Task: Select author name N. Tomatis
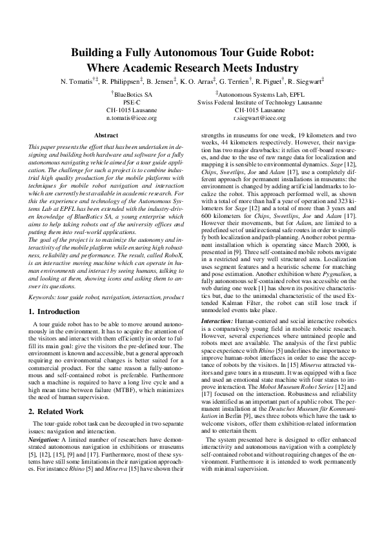[x=77, y=82]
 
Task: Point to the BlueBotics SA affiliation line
[x=132, y=95]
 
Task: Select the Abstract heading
[x=106, y=135]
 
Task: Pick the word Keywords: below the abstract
[x=43, y=297]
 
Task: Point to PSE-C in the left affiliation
[x=132, y=103]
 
